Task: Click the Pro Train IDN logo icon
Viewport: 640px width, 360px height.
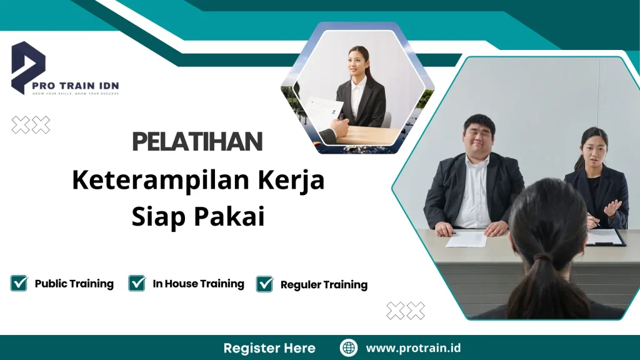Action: [27, 66]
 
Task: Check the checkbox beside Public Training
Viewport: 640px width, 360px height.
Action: [19, 283]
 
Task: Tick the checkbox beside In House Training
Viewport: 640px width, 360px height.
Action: [137, 283]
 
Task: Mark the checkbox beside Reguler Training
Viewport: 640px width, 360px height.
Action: [265, 284]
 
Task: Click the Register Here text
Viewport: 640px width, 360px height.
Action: [269, 348]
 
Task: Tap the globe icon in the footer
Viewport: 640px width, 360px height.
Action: [349, 348]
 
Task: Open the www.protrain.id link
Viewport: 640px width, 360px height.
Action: [413, 348]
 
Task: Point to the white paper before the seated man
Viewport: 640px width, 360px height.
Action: [466, 238]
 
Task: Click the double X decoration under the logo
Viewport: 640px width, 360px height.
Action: [31, 125]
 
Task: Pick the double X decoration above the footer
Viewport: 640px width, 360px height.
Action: [405, 311]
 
